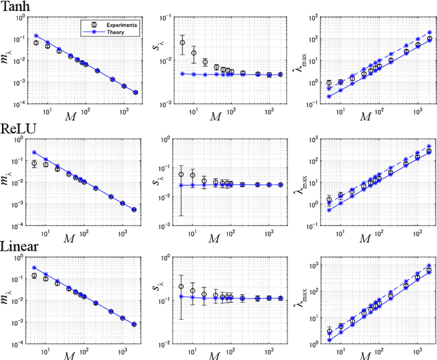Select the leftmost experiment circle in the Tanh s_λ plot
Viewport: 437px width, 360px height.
pyautogui.click(x=182, y=42)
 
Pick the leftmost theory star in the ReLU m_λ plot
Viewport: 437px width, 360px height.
pyautogui.click(x=35, y=152)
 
